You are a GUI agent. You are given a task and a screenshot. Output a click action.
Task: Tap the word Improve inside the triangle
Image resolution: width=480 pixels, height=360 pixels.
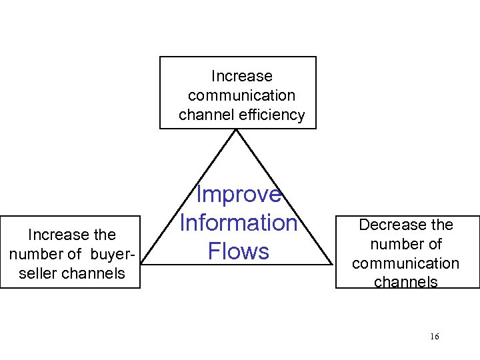point(238,194)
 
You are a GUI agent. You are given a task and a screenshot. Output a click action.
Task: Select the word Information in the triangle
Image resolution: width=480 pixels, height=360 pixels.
point(238,223)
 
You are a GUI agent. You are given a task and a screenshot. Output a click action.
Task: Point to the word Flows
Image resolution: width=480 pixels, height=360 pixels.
point(238,251)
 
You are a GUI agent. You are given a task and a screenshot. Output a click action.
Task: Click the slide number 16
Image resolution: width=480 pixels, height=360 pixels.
point(435,337)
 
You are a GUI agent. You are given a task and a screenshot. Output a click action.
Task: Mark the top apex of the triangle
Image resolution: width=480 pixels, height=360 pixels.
point(237,129)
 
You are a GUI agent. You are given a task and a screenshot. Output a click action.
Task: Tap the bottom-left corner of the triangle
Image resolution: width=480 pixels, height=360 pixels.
point(141,265)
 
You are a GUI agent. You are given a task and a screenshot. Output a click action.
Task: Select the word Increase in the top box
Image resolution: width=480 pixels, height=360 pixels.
point(241,77)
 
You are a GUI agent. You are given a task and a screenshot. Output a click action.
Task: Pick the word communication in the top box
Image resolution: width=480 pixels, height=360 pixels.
point(241,96)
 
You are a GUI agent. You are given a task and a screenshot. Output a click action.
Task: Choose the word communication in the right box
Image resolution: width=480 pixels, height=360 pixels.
point(406,263)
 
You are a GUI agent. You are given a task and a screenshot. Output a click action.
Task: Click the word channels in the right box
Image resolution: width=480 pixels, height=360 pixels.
point(406,282)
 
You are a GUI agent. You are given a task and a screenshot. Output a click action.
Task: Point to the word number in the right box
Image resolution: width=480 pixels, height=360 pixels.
point(397,244)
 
